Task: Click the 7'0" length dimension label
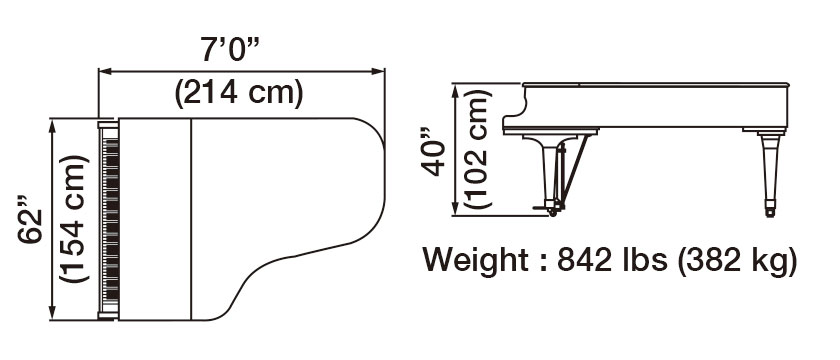(x=240, y=48)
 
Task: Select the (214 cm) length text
(x=239, y=94)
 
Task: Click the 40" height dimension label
(x=433, y=150)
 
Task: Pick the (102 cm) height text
(x=478, y=150)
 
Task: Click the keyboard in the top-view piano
(x=109, y=219)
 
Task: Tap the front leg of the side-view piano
(x=546, y=170)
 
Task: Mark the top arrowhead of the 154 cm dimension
(x=53, y=123)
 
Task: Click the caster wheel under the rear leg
(x=768, y=209)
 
